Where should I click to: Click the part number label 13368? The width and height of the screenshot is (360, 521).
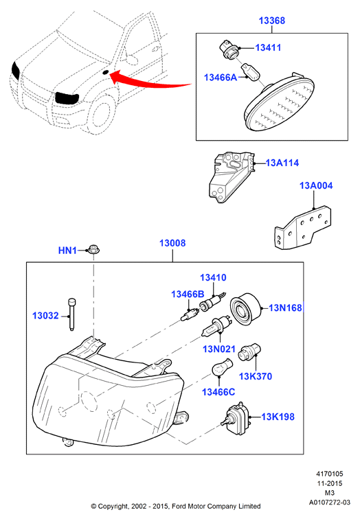[271, 21]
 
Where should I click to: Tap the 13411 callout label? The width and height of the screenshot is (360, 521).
[268, 48]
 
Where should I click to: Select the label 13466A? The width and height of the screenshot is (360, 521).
[221, 78]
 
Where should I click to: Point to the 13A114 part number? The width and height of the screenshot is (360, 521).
[282, 163]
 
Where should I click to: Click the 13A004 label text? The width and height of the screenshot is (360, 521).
[316, 185]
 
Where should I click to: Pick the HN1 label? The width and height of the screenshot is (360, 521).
[67, 250]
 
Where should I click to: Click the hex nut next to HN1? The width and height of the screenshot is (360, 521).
[93, 250]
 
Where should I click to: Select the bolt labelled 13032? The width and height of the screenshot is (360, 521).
[72, 314]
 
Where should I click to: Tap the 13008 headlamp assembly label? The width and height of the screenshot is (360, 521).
[172, 243]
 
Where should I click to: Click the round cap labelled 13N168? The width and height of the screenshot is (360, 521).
[246, 310]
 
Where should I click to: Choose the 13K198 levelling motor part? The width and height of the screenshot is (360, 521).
[236, 419]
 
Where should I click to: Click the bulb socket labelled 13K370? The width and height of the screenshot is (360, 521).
[249, 352]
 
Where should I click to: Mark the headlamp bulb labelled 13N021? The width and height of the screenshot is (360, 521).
[216, 327]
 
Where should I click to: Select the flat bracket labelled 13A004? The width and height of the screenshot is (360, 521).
[303, 227]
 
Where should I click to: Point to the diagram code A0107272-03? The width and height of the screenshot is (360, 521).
[329, 502]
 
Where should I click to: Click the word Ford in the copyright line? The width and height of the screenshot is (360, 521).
[179, 507]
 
